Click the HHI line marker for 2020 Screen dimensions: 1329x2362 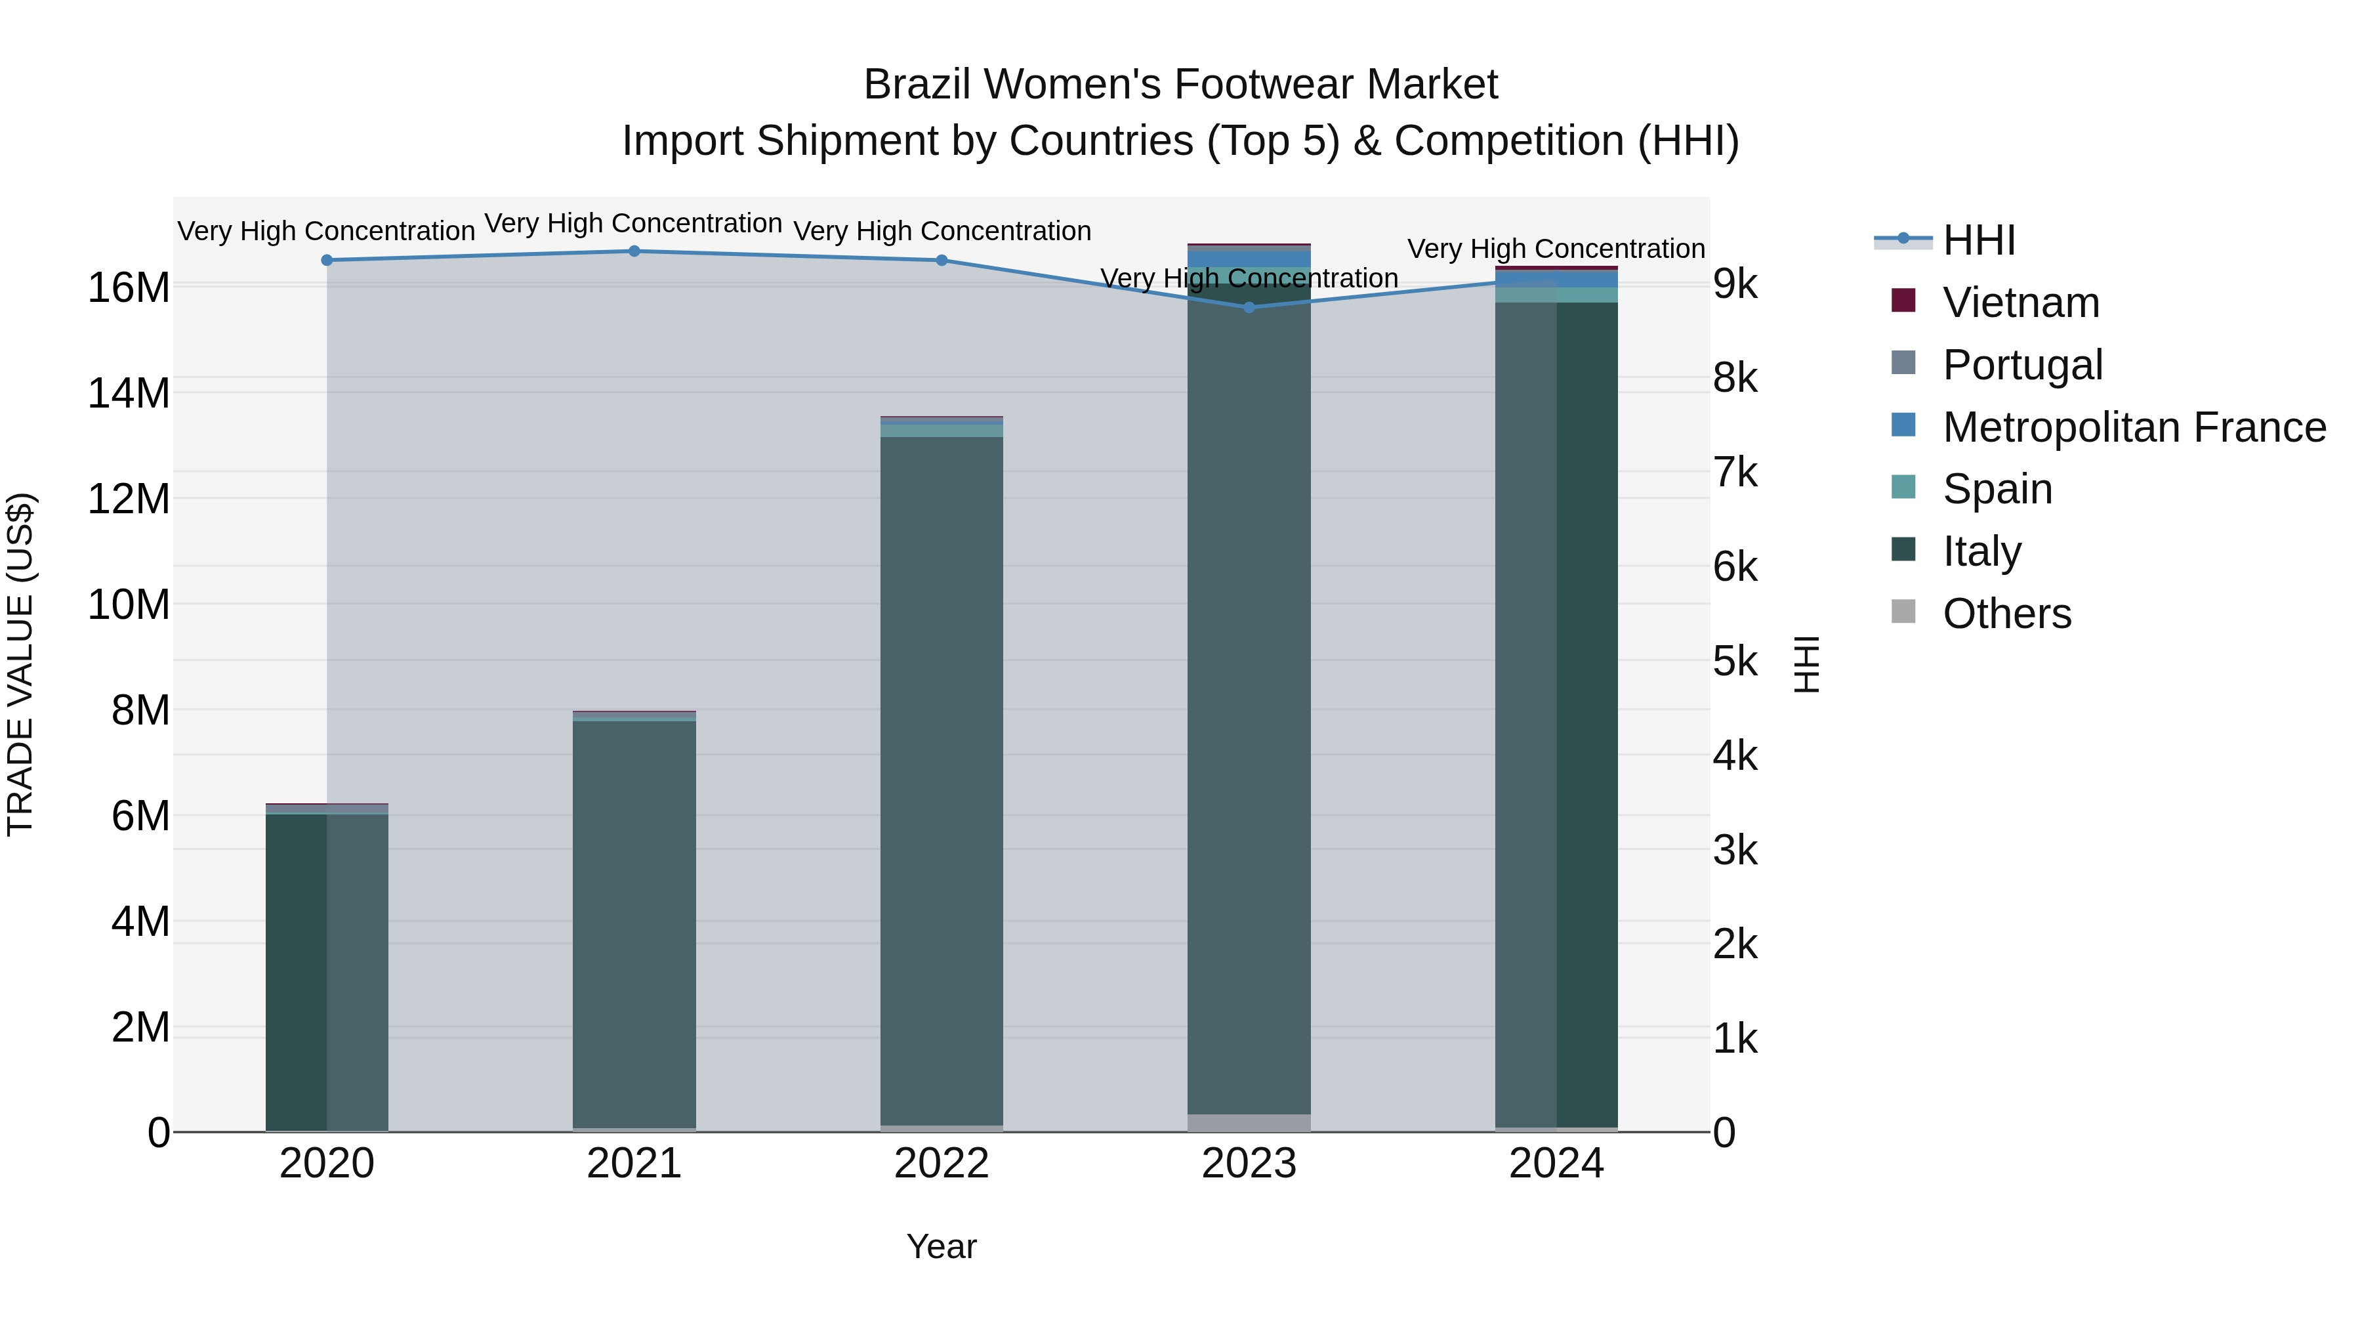(x=327, y=261)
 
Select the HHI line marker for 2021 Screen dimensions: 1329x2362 (x=634, y=251)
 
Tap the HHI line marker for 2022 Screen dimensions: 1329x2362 (x=942, y=261)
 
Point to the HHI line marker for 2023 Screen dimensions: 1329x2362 (x=1249, y=307)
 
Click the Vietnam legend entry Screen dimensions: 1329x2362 (x=2020, y=303)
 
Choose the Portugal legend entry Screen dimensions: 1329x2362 (x=2022, y=365)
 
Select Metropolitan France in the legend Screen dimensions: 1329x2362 (x=2134, y=427)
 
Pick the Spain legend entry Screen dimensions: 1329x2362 (x=1997, y=489)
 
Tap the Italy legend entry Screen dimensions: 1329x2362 (x=1981, y=551)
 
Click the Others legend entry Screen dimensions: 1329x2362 (x=2006, y=614)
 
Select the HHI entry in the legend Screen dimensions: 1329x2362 (x=1979, y=240)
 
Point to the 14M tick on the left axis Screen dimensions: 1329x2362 (x=129, y=394)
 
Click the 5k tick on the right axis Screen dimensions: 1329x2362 (x=1735, y=662)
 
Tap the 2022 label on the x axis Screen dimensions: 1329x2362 (x=942, y=1164)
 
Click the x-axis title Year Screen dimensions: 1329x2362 (x=942, y=1246)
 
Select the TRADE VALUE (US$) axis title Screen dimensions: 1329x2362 (x=20, y=664)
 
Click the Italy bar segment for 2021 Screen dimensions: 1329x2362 (x=634, y=922)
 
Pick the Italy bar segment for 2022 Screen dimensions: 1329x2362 (x=942, y=780)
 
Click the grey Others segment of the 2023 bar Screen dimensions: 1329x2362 (x=1249, y=1123)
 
